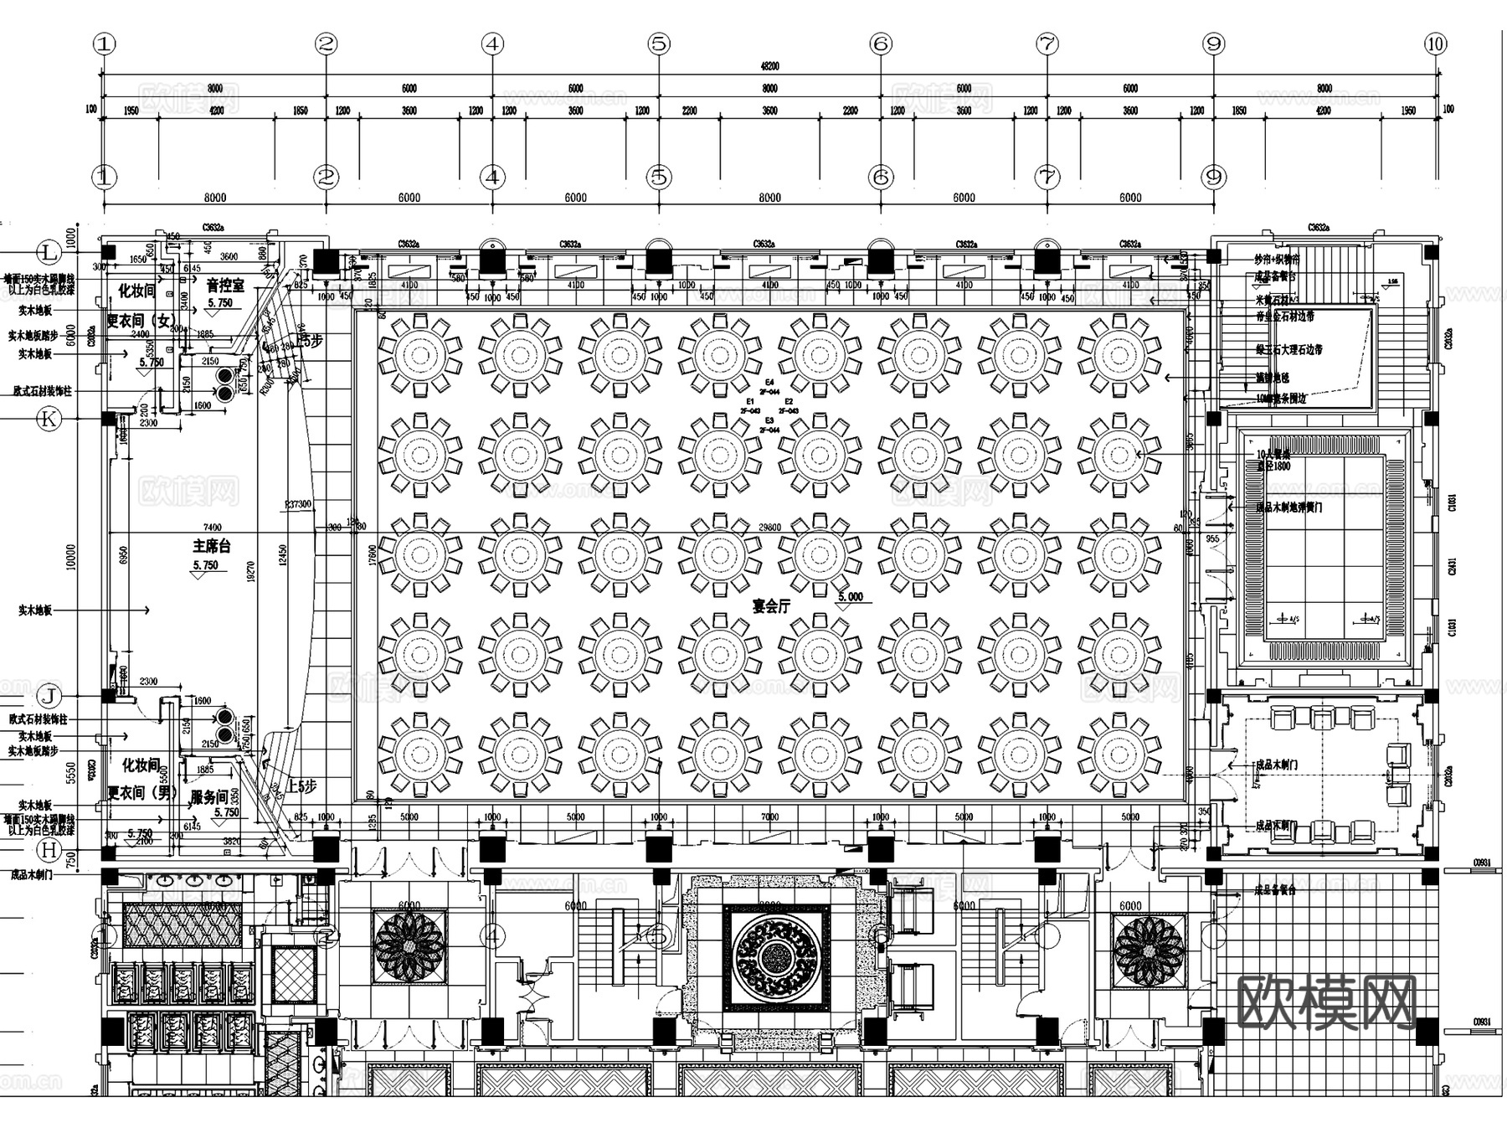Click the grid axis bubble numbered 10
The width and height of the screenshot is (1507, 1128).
(x=1436, y=44)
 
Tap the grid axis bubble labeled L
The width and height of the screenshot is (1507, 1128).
(x=49, y=252)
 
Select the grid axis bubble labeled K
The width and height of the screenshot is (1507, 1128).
(x=49, y=419)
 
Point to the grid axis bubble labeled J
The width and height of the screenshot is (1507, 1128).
(x=49, y=696)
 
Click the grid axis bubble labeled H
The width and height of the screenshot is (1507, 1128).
(x=49, y=851)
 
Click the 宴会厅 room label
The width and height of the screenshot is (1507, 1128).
(x=771, y=605)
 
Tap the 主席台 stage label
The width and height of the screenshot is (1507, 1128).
(x=211, y=546)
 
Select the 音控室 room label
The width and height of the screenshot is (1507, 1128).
(x=225, y=286)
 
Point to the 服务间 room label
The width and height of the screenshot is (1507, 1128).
(x=209, y=796)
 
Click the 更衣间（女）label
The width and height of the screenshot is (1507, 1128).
(x=141, y=321)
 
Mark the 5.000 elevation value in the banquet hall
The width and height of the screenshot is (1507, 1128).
(x=850, y=597)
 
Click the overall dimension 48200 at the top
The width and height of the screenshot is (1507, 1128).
(x=769, y=66)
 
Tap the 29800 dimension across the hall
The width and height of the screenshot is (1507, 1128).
(x=769, y=527)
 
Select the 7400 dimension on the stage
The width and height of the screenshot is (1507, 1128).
(x=212, y=527)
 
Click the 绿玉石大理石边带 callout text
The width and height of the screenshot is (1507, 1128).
(x=1289, y=349)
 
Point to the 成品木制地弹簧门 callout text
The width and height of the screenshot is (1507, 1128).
(x=1289, y=507)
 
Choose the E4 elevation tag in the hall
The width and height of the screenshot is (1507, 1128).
(x=769, y=383)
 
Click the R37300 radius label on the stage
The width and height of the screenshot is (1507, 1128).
(x=298, y=504)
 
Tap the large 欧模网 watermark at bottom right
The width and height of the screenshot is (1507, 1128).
(x=1326, y=1002)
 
